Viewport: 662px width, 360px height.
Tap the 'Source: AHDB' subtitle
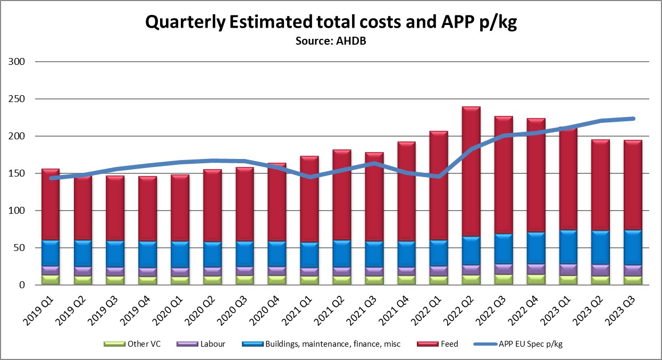[x=331, y=41]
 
